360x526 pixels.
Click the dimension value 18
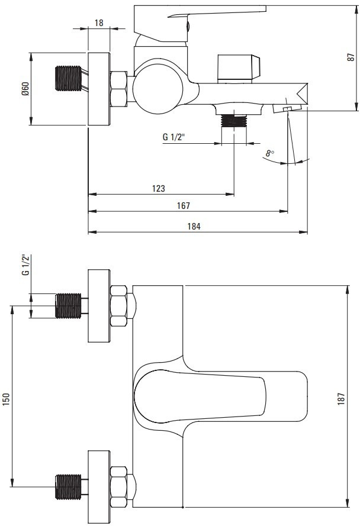pyautogui.click(x=99, y=22)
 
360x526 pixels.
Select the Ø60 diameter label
pyautogui.click(x=24, y=89)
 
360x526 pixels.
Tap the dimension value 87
pyautogui.click(x=351, y=57)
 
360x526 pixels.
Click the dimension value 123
pyautogui.click(x=158, y=188)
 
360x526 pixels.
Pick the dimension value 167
pyautogui.click(x=183, y=205)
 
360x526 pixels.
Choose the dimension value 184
pyautogui.click(x=194, y=226)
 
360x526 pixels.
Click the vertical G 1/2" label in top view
pyautogui.click(x=25, y=265)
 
